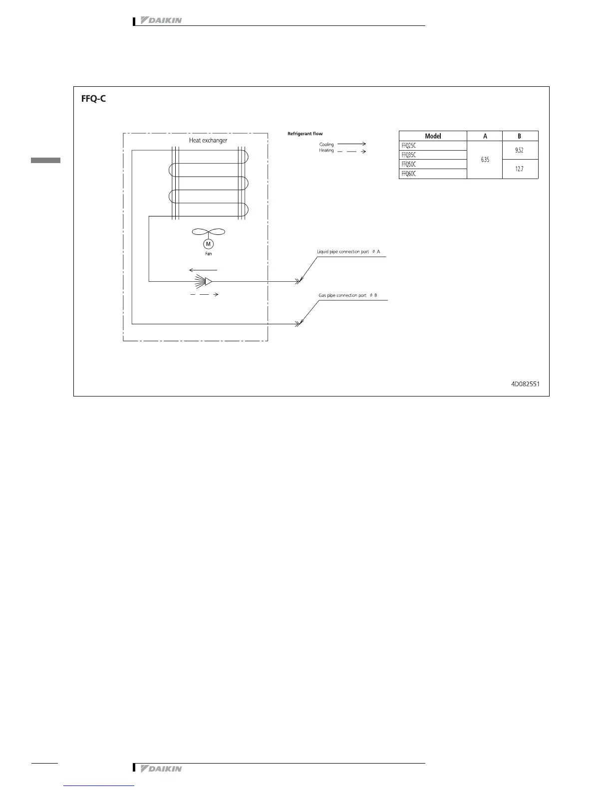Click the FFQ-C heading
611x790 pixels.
click(93, 99)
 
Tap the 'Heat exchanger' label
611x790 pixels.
click(208, 141)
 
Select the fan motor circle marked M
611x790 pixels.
click(208, 244)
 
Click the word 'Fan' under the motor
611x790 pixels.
click(208, 254)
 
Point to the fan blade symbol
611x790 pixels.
click(208, 232)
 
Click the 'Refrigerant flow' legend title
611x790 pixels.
click(305, 134)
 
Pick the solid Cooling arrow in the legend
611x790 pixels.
click(351, 144)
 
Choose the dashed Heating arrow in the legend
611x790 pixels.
click(351, 151)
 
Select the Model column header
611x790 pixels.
click(433, 136)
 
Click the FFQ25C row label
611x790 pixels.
click(409, 146)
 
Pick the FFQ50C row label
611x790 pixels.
click(409, 165)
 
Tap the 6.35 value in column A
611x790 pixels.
click(485, 160)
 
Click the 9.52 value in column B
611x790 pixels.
click(519, 150)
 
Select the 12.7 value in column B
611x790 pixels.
click(519, 169)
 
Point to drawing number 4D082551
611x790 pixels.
click(525, 384)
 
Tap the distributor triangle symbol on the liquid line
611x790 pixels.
click(208, 281)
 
